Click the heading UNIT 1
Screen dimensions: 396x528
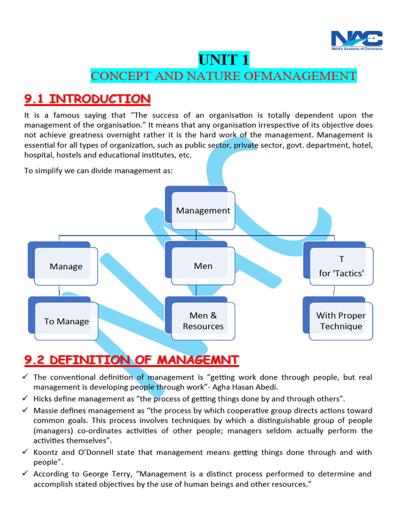click(224, 60)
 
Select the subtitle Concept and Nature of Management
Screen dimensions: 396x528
click(223, 76)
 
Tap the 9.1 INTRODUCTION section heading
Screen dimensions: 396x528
click(87, 98)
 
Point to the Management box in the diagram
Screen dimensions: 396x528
click(203, 210)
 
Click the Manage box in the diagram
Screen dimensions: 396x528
click(66, 266)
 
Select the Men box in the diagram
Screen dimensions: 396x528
click(203, 266)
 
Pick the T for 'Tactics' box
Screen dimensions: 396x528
click(341, 266)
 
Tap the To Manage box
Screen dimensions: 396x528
click(67, 321)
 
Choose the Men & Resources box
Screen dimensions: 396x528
click(203, 321)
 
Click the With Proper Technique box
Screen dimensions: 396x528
click(341, 321)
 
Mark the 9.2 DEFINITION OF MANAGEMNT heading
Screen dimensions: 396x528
click(131, 359)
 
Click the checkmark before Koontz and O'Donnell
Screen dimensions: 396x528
click(26, 452)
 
